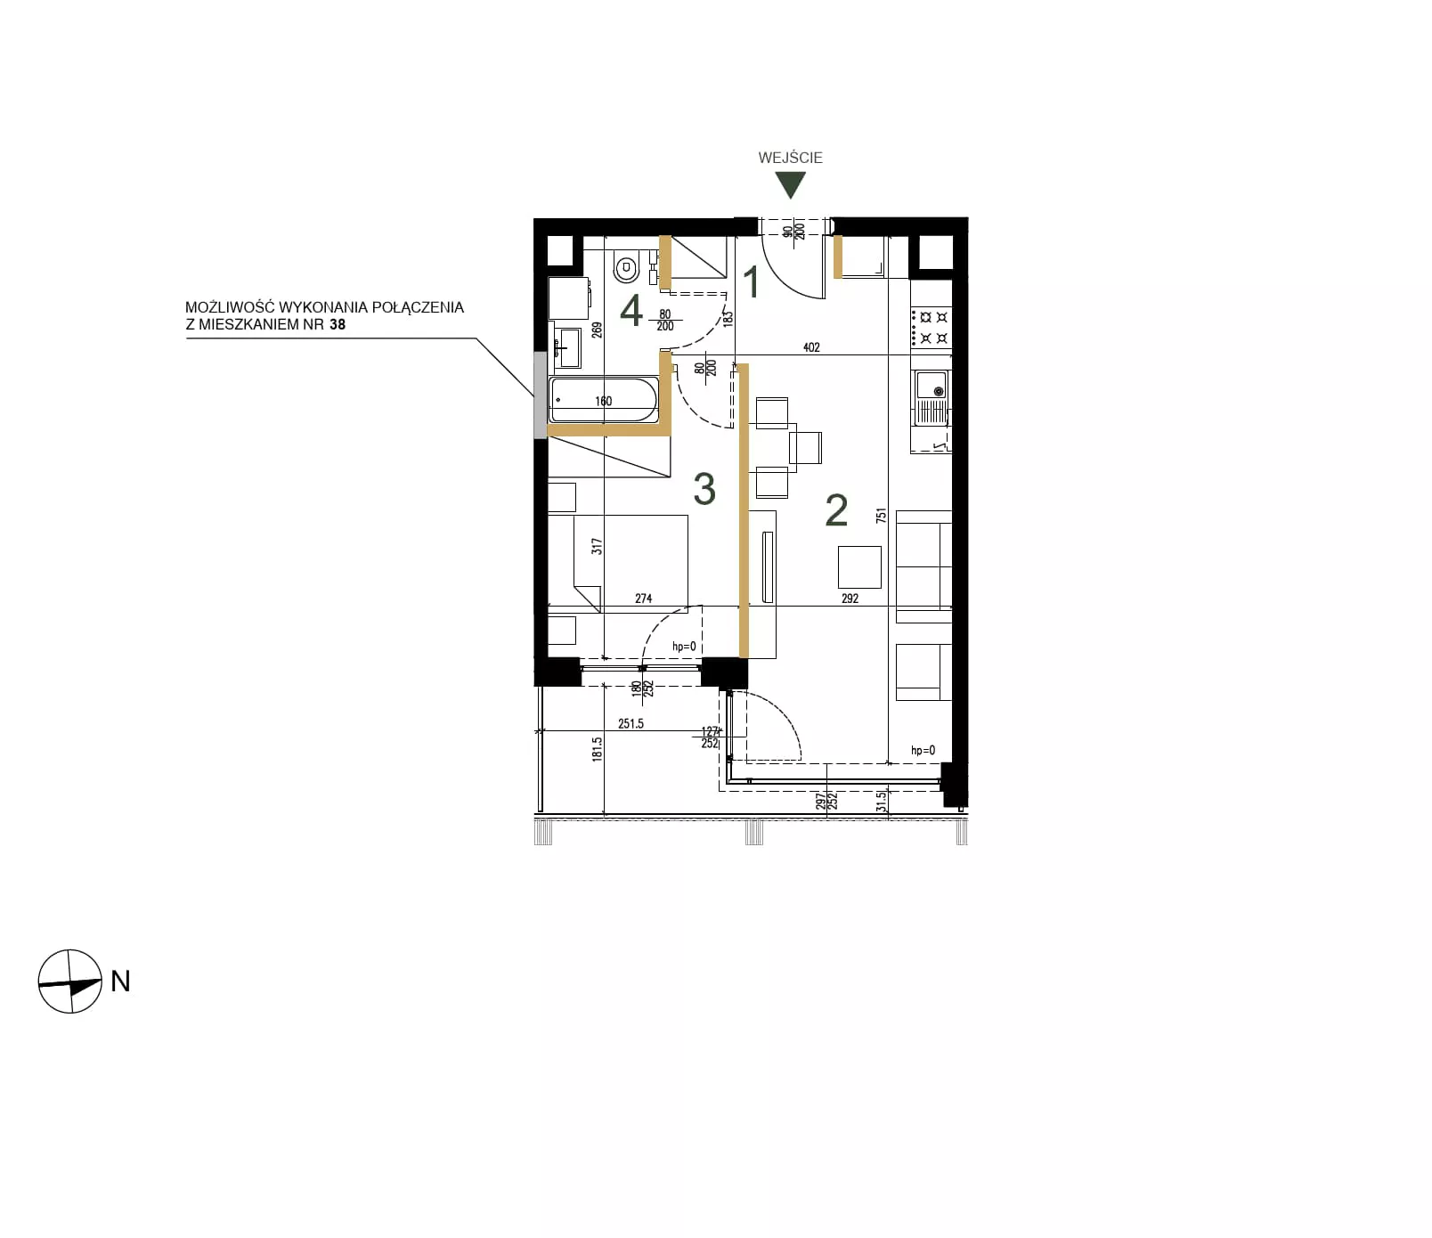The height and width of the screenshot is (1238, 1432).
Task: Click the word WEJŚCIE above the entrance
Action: pos(790,158)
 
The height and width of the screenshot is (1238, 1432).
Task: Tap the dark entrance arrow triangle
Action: pos(790,184)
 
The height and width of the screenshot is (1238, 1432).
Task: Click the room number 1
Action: pos(752,282)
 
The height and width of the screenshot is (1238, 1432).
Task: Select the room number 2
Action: pos(836,510)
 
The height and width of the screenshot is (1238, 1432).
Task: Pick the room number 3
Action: pos(704,489)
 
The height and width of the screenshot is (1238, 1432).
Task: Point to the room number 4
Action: pos(631,312)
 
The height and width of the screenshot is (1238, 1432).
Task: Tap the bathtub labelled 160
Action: pos(604,401)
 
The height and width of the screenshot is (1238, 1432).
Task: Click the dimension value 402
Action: pos(811,347)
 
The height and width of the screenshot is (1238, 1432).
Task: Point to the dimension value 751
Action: pos(882,517)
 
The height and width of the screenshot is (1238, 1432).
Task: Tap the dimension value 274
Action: pos(644,599)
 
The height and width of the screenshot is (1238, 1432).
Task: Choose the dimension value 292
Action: pos(850,599)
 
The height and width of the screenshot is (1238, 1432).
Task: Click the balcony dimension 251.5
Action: pos(631,724)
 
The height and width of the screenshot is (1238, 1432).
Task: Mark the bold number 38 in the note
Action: pos(338,325)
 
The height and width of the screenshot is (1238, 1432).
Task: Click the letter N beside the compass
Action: pos(120,981)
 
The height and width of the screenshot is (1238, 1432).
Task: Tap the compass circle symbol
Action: pos(70,981)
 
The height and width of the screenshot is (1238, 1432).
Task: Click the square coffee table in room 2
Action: pos(859,568)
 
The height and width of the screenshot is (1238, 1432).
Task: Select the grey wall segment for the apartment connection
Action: pos(540,395)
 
